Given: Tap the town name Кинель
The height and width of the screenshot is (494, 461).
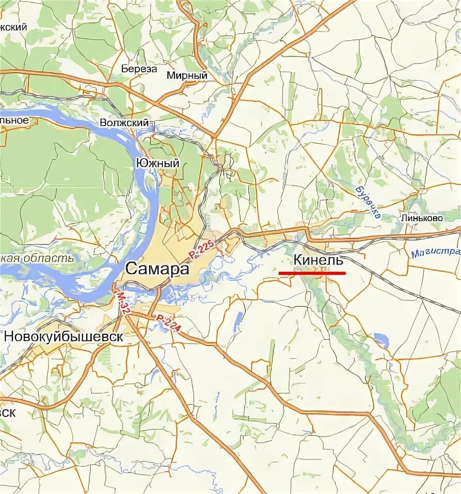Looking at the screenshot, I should pyautogui.click(x=318, y=260).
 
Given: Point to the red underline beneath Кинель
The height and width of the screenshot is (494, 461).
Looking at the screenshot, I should pyautogui.click(x=312, y=272).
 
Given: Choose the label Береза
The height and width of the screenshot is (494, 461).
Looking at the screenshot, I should pyautogui.click(x=139, y=69).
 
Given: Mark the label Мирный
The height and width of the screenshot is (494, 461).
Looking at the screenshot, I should pyautogui.click(x=187, y=75).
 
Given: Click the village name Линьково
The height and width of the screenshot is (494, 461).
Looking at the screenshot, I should pyautogui.click(x=421, y=219).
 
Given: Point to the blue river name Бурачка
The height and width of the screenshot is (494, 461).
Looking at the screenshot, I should pyautogui.click(x=368, y=202).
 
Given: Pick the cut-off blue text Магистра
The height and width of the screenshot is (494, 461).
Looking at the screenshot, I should pyautogui.click(x=436, y=253).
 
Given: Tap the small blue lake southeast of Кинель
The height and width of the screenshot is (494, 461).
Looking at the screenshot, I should pyautogui.click(x=381, y=340).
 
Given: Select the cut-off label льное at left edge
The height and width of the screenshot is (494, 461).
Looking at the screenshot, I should pyautogui.click(x=14, y=120).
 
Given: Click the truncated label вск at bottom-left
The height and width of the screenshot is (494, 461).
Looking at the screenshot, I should pyautogui.click(x=8, y=412).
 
